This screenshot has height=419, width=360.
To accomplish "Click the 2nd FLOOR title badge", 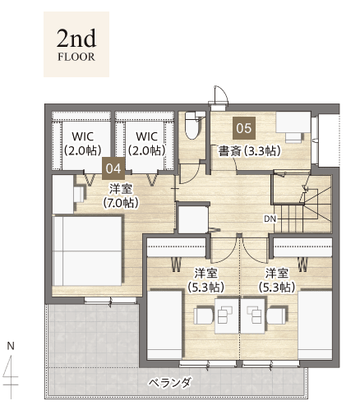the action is (76, 44).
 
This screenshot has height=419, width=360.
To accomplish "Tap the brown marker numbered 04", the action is (113, 168).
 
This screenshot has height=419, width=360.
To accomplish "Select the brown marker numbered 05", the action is (244, 128).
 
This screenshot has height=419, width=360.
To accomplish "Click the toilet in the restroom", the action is (195, 126).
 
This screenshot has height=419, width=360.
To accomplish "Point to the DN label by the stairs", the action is (270, 219).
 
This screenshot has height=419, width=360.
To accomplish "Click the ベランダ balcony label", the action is (170, 383).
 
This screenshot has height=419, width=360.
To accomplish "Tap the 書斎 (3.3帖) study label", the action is (250, 151).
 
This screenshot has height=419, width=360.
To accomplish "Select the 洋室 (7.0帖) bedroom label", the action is (121, 196).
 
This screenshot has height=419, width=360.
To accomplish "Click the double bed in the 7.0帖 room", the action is (87, 251).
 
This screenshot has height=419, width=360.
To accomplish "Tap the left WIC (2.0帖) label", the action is (82, 143).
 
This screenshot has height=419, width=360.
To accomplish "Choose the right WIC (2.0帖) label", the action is (147, 143).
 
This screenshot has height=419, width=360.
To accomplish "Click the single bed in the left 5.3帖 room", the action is (164, 325).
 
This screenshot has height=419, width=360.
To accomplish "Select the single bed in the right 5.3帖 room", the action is (315, 325).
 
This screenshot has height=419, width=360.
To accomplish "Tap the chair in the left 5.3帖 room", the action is (204, 315).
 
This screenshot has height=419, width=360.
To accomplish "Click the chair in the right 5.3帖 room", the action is (277, 315).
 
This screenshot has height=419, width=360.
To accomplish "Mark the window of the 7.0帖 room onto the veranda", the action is (110, 301).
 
